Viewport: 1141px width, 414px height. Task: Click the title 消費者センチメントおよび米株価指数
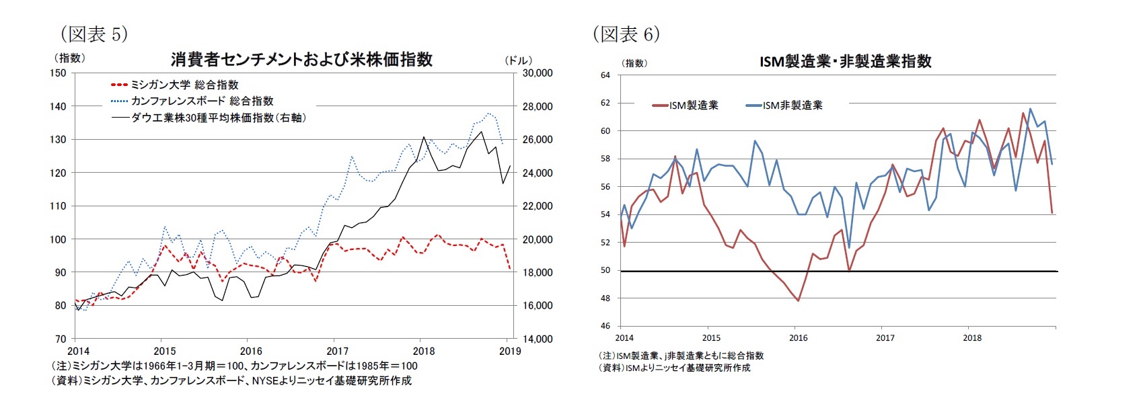point(301,60)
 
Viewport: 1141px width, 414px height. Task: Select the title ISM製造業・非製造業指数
point(845,62)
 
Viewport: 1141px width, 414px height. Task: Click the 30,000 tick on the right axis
point(538,73)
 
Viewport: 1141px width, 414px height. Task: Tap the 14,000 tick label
point(538,339)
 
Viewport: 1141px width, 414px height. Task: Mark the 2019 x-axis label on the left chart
point(510,351)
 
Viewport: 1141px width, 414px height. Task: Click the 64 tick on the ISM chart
point(605,75)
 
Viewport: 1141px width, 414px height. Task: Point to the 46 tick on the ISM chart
point(605,326)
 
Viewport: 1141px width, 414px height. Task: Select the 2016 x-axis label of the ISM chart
point(798,338)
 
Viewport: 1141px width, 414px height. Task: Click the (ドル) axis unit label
point(518,60)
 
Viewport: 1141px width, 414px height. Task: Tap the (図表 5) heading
point(94,34)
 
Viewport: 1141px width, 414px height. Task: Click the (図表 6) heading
point(626,34)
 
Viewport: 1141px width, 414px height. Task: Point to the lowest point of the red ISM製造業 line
point(799,300)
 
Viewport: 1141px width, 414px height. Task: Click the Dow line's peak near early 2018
point(424,137)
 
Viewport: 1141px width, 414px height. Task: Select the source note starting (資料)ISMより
point(674,368)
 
